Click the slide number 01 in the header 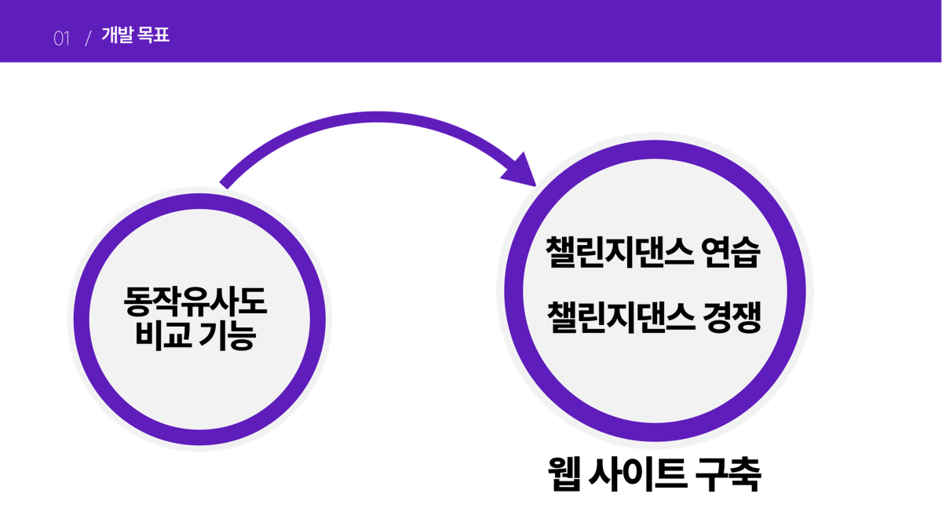point(61,38)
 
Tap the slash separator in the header point(88,38)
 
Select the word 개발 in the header point(117,36)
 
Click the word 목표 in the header point(153,36)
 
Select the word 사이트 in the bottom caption point(634,475)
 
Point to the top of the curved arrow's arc point(369,119)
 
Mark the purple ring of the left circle point(82,322)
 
